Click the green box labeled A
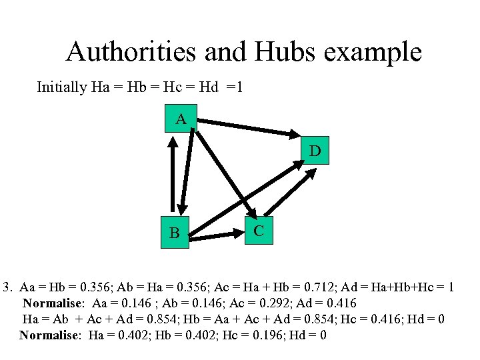click(x=180, y=120)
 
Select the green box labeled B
click(x=175, y=233)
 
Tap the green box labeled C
click(x=259, y=230)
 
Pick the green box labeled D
click(x=315, y=151)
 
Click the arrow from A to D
click(x=249, y=127)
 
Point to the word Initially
click(x=61, y=87)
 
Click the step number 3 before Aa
click(x=7, y=288)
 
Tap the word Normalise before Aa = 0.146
click(x=53, y=303)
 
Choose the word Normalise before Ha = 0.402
click(x=49, y=335)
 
